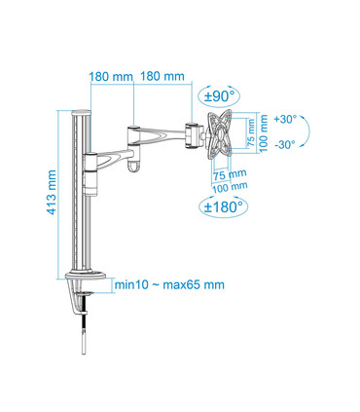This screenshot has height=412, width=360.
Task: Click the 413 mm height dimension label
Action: click(x=52, y=193)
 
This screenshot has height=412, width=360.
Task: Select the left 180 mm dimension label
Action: click(x=111, y=77)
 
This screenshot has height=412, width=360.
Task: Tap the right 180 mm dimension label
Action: click(x=162, y=76)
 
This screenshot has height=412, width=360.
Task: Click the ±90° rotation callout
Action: click(x=219, y=96)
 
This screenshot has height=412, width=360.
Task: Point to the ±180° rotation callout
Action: click(x=223, y=206)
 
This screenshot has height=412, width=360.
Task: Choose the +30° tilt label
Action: click(x=285, y=119)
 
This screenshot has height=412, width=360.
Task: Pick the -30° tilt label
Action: click(x=285, y=144)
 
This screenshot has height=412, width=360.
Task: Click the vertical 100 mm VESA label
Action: click(x=264, y=133)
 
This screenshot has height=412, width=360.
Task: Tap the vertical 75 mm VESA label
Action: click(x=252, y=133)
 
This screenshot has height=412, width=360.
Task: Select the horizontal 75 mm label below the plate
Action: click(x=230, y=174)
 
